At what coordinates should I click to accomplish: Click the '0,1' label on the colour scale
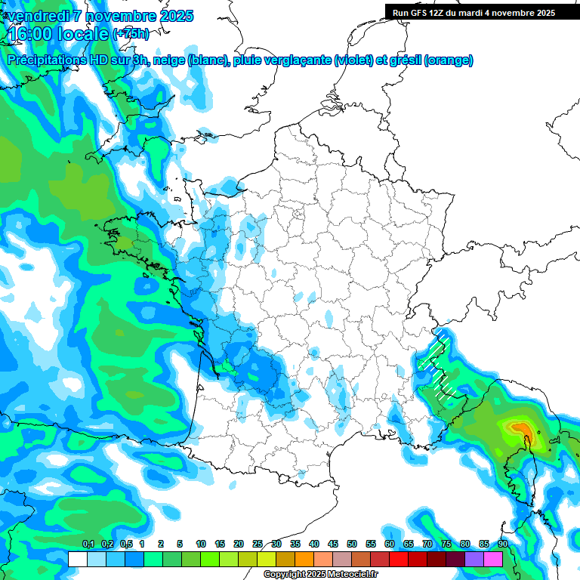[88, 544]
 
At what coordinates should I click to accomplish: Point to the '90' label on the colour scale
[503, 544]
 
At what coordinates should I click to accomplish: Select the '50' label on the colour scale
[352, 544]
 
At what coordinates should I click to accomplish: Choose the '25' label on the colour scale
[258, 544]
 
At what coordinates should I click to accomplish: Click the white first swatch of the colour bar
[78, 559]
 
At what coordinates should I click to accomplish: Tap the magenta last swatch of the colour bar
[493, 559]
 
